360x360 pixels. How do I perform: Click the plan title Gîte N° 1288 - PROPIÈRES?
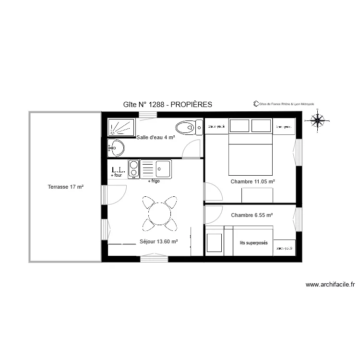click(168, 105)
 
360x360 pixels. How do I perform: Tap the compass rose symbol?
click(317, 120)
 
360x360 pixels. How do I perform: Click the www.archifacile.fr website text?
click(330, 285)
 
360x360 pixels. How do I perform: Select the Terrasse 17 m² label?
click(66, 187)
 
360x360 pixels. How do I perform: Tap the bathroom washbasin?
click(115, 148)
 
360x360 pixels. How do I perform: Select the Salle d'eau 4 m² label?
click(156, 137)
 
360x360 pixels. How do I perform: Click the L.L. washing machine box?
click(118, 170)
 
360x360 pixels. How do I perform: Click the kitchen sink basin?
click(163, 168)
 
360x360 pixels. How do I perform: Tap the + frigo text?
click(153, 181)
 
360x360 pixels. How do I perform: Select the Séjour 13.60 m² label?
click(159, 242)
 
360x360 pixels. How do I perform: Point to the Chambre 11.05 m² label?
click(252, 182)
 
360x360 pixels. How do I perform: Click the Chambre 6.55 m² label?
click(252, 216)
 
